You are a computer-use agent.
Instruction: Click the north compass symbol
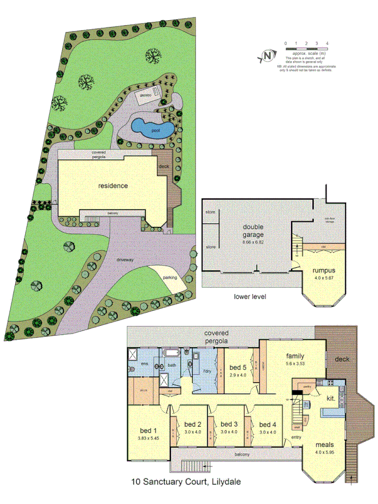point(268,55)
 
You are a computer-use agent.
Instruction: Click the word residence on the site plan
point(114,185)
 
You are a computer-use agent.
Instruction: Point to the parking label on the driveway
point(171,278)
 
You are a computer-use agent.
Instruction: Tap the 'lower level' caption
point(250,296)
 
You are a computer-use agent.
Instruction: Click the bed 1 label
point(148,430)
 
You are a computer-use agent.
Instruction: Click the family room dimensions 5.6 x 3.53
point(296,363)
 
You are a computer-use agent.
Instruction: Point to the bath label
point(172,365)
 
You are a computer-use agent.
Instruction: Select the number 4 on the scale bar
point(327,43)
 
